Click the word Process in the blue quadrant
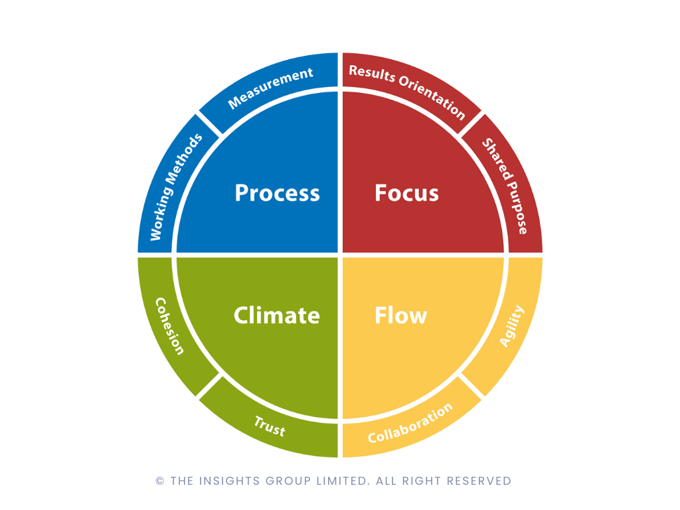tap(277, 193)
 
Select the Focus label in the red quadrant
tap(407, 193)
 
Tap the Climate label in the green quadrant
tap(277, 315)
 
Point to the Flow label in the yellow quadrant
tap(400, 315)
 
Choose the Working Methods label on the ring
tap(175, 187)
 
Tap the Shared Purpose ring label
tap(505, 186)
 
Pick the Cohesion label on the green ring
tap(170, 326)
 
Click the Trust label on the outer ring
tap(270, 426)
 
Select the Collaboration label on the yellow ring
tap(410, 423)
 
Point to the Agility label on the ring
tap(512, 325)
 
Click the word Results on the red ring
tap(372, 73)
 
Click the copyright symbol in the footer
tap(160, 481)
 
